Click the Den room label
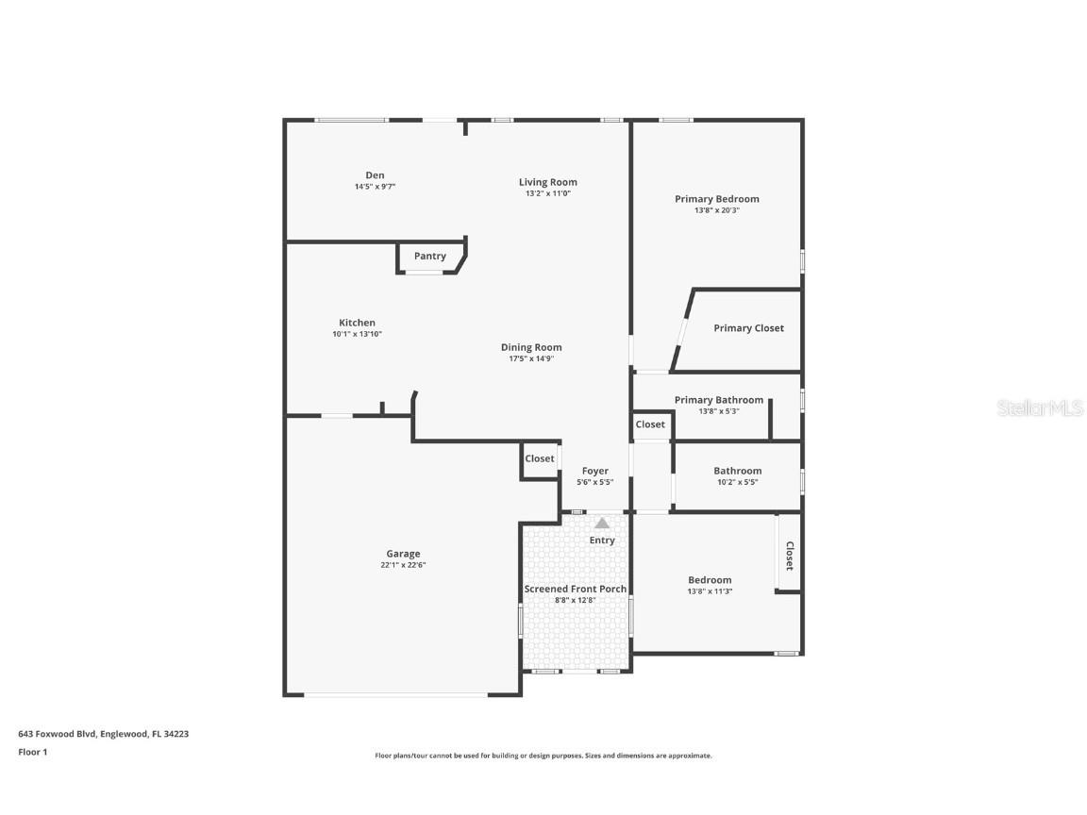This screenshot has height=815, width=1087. [375, 175]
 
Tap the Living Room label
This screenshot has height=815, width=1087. [547, 182]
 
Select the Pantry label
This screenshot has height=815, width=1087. [429, 256]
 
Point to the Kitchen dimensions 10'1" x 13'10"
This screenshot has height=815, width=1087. [357, 334]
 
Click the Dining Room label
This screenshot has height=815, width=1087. [531, 347]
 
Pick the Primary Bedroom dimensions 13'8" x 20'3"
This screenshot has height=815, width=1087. [716, 210]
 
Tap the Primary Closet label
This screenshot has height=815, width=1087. [748, 328]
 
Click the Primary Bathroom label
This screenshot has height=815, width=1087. [718, 400]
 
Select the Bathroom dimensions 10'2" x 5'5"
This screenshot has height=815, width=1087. [737, 482]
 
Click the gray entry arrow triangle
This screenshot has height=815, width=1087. [602, 523]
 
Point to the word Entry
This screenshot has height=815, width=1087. [602, 541]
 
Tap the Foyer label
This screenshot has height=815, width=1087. [594, 471]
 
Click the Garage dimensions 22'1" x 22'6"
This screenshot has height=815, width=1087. [403, 565]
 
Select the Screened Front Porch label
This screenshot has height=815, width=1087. [575, 589]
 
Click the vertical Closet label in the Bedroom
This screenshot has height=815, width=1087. [789, 556]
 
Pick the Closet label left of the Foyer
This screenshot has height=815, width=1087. [540, 458]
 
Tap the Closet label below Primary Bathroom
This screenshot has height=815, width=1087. [650, 424]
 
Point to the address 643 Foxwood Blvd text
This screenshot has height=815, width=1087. [103, 733]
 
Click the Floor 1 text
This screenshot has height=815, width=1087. [32, 752]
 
